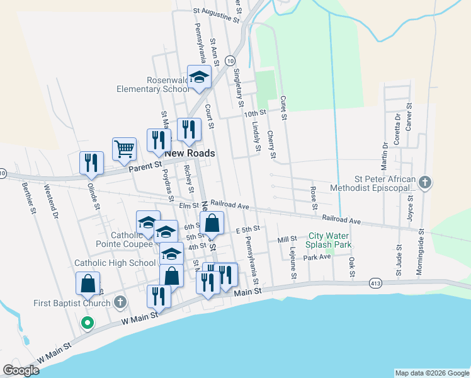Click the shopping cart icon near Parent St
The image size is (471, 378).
point(125,149)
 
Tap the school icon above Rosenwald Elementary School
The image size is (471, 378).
point(200,77)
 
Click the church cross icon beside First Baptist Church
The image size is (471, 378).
point(120,303)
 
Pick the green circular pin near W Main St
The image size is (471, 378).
point(88,324)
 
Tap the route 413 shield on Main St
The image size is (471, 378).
point(373,283)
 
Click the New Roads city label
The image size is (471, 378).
point(190,153)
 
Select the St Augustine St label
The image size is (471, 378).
point(217,14)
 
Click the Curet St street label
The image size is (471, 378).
point(283,108)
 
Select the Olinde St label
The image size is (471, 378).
point(94,193)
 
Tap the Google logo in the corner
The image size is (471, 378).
point(21,370)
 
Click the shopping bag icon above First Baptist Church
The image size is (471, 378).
point(88,283)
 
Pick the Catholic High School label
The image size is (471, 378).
point(115,263)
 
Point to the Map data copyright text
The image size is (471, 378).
point(431,373)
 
